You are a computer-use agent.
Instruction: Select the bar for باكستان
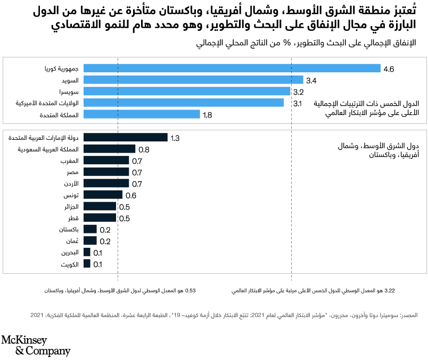coord(90,229)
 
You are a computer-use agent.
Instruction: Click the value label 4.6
coord(389,69)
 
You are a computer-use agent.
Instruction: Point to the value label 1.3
coord(176,138)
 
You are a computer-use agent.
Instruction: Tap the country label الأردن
coord(71,183)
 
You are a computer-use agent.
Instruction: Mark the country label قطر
coord(74,218)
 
